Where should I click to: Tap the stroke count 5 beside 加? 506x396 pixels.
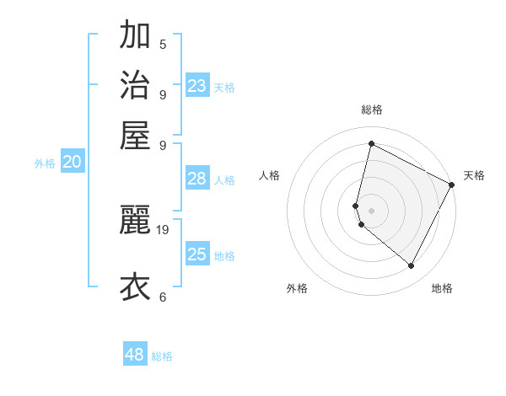(163, 44)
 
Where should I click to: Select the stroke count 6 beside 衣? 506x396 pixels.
(163, 296)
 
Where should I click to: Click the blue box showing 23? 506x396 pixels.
(197, 86)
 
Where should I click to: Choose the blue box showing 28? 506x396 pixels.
(197, 179)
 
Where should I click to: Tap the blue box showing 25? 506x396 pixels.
(197, 254)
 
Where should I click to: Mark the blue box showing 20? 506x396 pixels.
(72, 163)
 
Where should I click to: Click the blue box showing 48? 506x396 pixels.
(135, 355)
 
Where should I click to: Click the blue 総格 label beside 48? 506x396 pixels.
(163, 356)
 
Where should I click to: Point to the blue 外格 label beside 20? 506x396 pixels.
(45, 164)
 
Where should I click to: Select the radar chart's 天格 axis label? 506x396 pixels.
(474, 175)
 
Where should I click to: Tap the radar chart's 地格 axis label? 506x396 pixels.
(442, 288)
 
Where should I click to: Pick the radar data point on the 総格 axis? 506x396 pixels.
(371, 144)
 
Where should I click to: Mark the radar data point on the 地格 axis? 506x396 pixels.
(411, 265)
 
